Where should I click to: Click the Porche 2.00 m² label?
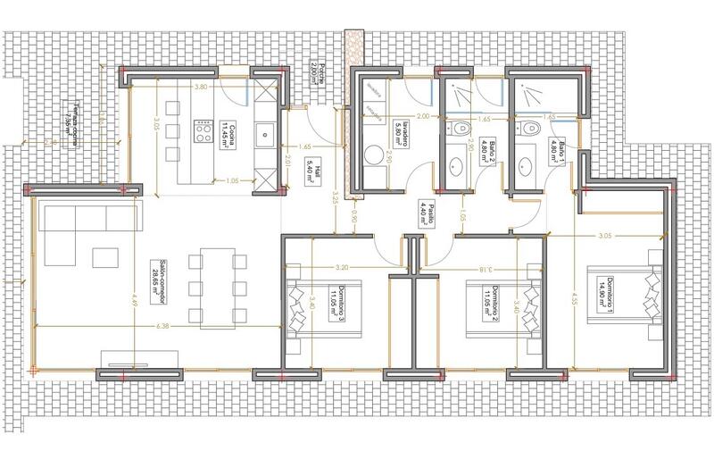point(314,71)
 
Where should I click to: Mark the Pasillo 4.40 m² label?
point(421,213)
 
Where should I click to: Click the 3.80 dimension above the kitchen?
point(202,88)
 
